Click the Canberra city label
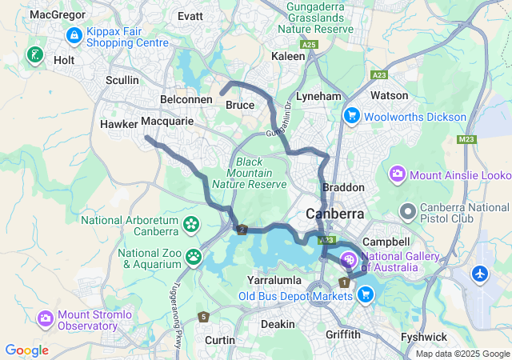click(x=335, y=214)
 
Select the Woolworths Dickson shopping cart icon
click(x=350, y=117)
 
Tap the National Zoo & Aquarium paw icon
click(x=194, y=257)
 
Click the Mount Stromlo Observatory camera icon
click(x=46, y=318)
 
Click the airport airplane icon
click(x=480, y=274)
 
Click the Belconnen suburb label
click(x=186, y=98)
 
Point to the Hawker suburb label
click(x=118, y=124)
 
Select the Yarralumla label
click(x=274, y=281)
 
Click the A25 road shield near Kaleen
click(x=310, y=45)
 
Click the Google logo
click(x=27, y=350)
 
